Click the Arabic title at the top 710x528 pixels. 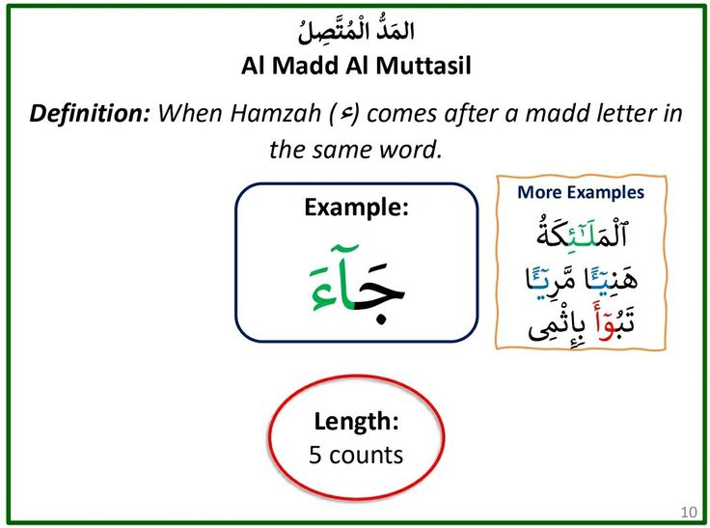[356, 30]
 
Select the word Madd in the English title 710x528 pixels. [305, 66]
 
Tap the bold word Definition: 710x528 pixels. [89, 113]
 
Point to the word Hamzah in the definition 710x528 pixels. [276, 113]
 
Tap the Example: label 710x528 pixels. [356, 208]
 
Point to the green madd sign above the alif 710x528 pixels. [344, 250]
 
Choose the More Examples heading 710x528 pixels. [581, 192]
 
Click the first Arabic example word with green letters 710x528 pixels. [582, 235]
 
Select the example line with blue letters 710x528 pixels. [582, 281]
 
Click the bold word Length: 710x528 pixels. [356, 421]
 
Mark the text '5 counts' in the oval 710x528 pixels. [356, 455]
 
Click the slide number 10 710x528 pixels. [689, 513]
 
